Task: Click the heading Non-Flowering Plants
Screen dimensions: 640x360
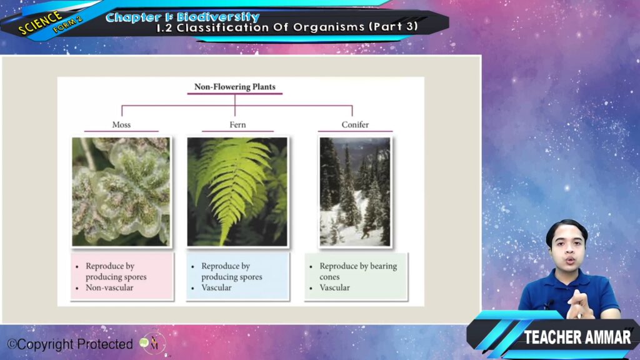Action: coord(235,86)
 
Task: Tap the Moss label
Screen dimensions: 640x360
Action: coord(121,124)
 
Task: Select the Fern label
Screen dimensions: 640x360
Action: coord(237,124)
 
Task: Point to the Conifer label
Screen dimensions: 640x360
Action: coord(355,124)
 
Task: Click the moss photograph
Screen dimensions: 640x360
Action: coord(121,191)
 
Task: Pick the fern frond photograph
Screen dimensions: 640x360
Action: coord(237,191)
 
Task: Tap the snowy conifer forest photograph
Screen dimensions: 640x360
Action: coord(355,191)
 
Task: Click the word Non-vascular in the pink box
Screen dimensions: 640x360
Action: coord(109,287)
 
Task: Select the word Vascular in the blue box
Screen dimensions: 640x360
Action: coord(216,287)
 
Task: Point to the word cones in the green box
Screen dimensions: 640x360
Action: coord(329,277)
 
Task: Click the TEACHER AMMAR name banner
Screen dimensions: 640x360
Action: coord(577,337)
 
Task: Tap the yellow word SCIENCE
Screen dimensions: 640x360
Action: coord(40,23)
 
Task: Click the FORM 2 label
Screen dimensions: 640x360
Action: coord(67,24)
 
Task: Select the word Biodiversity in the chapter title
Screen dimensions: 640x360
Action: coord(218,17)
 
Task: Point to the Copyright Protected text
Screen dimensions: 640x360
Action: coord(70,344)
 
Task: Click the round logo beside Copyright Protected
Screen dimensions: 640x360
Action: coord(152,343)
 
